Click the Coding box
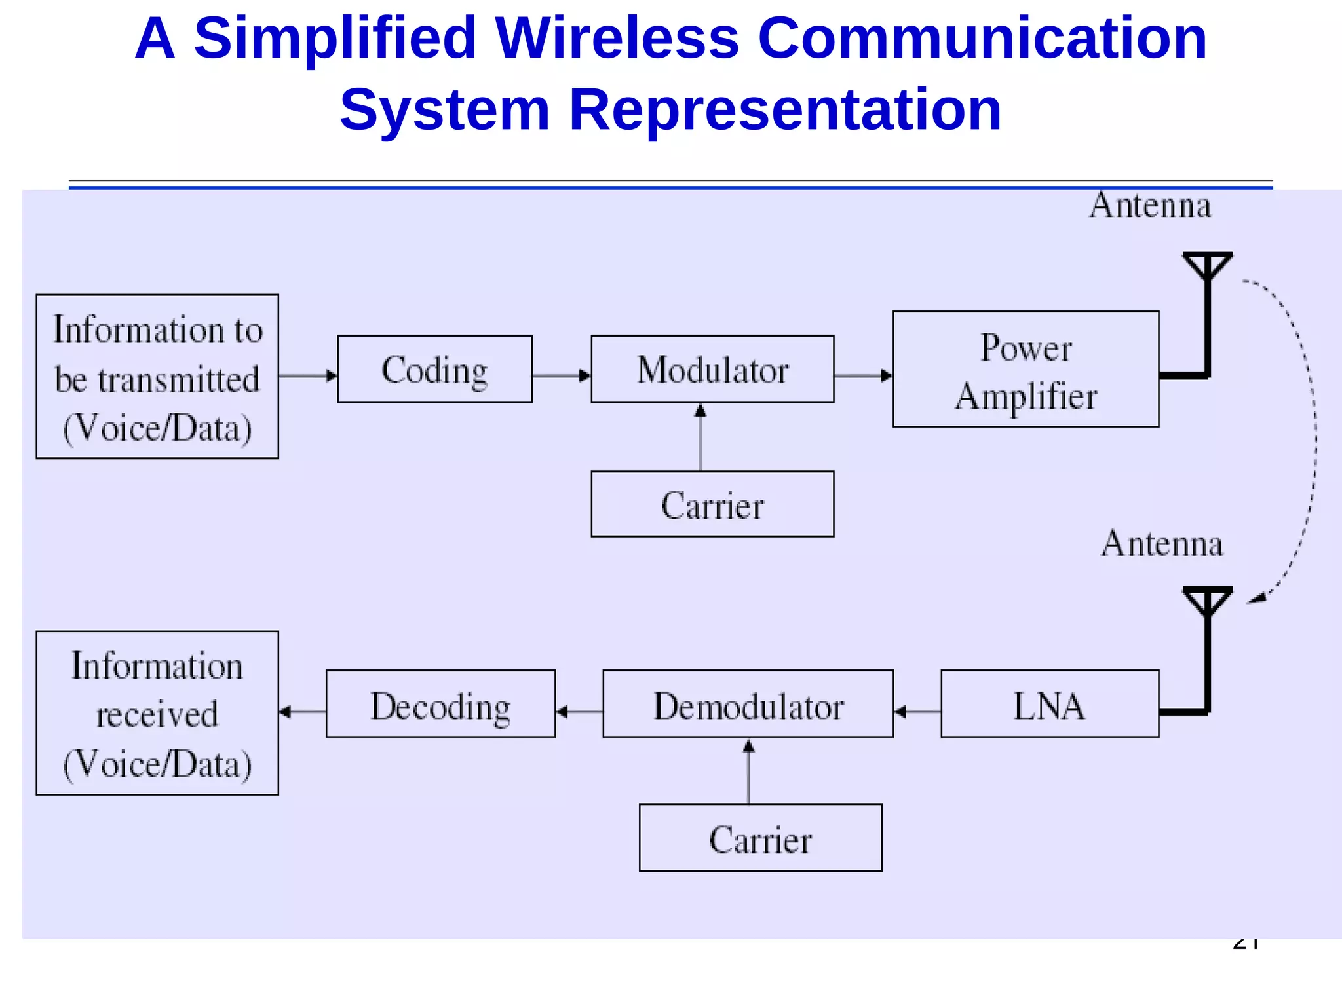[434, 369]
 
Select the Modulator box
[712, 369]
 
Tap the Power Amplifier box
[1026, 369]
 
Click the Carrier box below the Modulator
[712, 504]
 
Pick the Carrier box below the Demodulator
[760, 838]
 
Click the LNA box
[1050, 704]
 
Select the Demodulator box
[748, 704]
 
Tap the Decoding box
[440, 704]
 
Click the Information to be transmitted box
[157, 377]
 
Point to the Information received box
[157, 713]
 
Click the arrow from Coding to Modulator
[562, 376]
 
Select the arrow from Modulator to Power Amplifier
[863, 376]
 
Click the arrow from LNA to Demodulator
[917, 711]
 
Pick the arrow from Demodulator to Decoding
[579, 711]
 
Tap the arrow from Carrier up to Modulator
[700, 437]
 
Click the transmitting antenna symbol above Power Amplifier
[1207, 269]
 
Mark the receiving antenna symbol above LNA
[1207, 603]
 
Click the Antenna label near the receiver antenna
[1162, 544]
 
